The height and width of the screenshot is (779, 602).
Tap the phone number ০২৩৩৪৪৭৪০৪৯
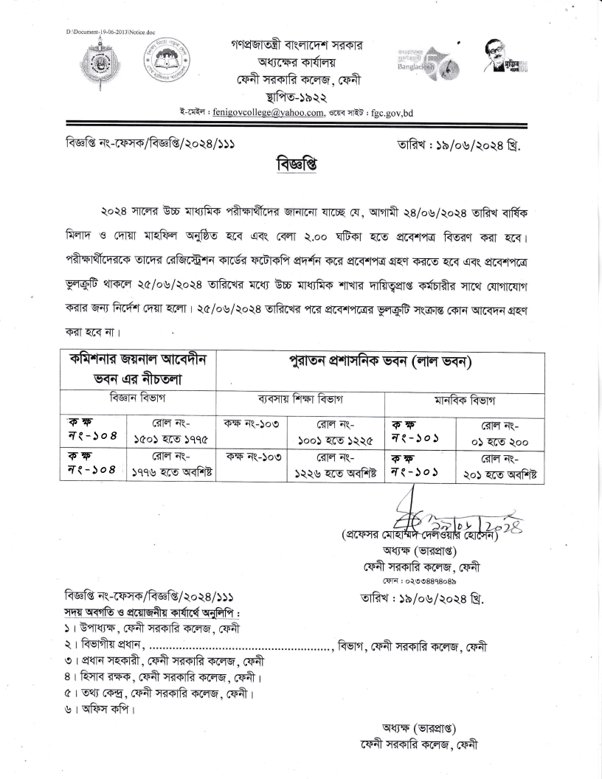426,581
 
